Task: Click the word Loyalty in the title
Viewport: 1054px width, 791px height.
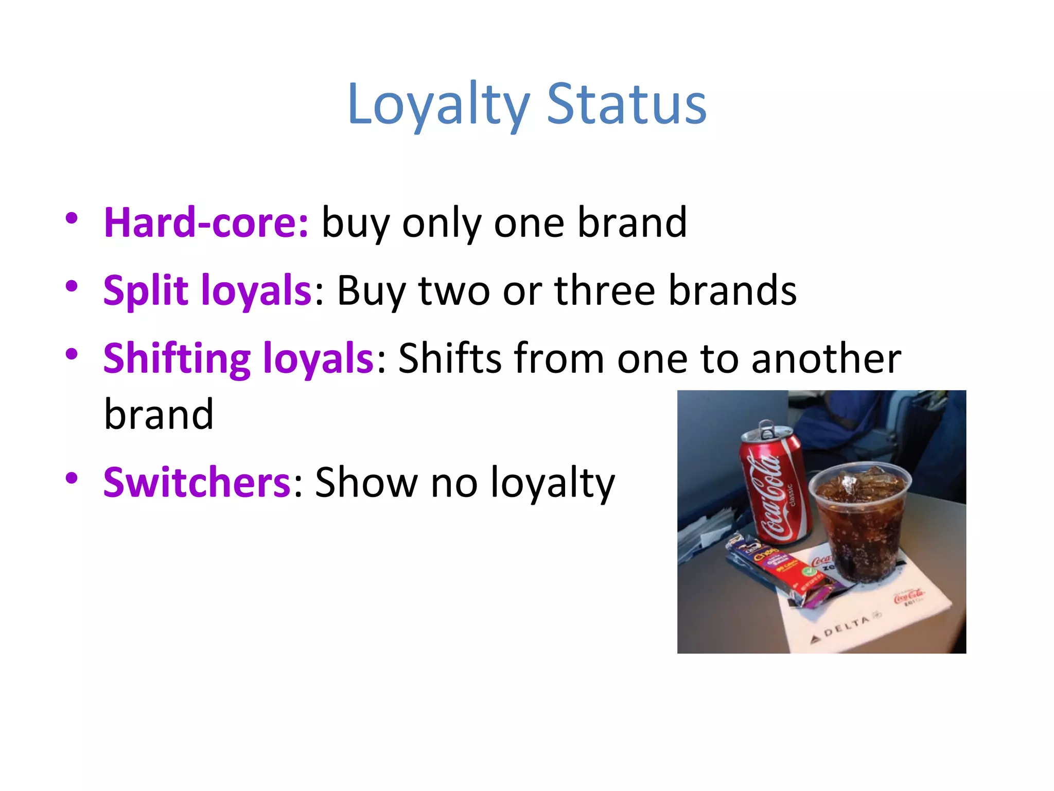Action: pyautogui.click(x=438, y=105)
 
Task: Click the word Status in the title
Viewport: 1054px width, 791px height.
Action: pyautogui.click(x=626, y=105)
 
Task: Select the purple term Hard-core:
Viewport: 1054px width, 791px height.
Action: pyautogui.click(x=206, y=223)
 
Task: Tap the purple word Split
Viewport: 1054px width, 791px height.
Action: pyautogui.click(x=146, y=291)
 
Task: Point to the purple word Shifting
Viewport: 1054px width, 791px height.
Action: pyautogui.click(x=177, y=359)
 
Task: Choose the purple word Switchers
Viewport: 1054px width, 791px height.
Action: pyautogui.click(x=197, y=483)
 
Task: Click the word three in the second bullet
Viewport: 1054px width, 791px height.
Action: pyautogui.click(x=605, y=291)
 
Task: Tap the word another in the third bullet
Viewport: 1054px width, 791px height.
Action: pyautogui.click(x=826, y=359)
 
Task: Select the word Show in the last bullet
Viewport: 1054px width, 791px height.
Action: pyautogui.click(x=366, y=483)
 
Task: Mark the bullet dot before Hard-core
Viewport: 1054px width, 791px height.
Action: pyautogui.click(x=72, y=218)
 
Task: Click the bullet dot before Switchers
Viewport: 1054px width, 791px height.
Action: pyautogui.click(x=72, y=478)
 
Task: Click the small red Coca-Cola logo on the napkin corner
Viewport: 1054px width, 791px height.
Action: pyautogui.click(x=909, y=597)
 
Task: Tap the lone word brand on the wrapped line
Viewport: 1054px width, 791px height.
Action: pyautogui.click(x=159, y=415)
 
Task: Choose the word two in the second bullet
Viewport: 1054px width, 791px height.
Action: pyautogui.click(x=454, y=291)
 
